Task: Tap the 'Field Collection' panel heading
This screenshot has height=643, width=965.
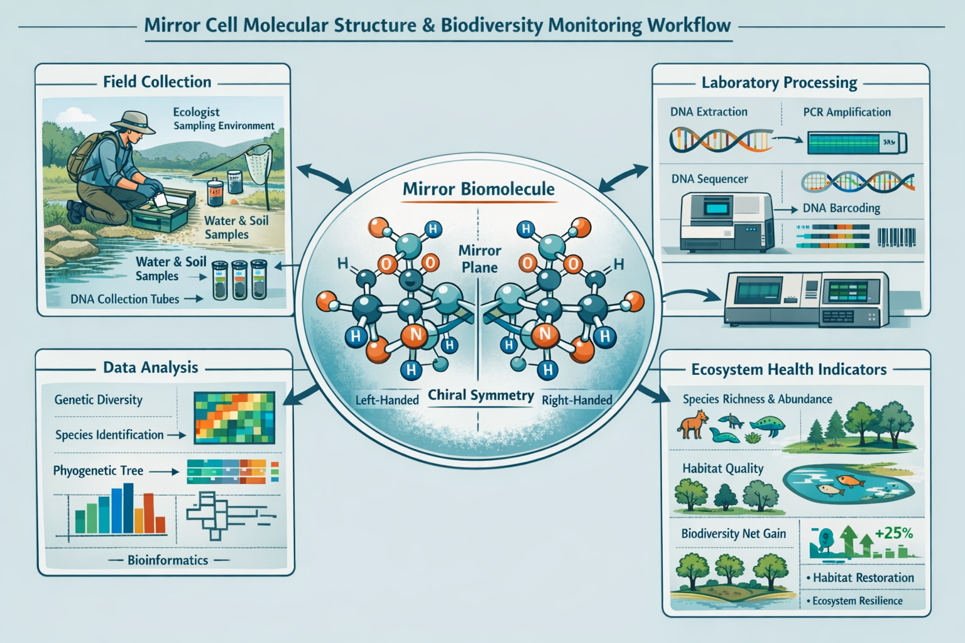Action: coord(157,82)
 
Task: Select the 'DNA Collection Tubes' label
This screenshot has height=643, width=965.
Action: coord(125,300)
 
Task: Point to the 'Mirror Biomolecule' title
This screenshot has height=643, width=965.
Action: coord(478,189)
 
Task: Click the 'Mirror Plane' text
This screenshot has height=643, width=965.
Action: coord(479,259)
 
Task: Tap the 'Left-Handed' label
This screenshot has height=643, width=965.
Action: coord(387,400)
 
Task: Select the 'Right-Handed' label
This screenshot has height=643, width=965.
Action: coord(576,400)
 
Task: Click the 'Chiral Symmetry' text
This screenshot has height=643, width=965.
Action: coord(481,396)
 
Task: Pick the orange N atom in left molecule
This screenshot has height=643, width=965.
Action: coord(415,335)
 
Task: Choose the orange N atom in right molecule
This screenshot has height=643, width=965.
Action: coord(544,335)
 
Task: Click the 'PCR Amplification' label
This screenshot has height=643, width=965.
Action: coord(846,112)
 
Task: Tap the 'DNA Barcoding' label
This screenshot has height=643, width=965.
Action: coord(841,208)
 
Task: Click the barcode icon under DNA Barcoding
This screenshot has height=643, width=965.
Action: coord(897,237)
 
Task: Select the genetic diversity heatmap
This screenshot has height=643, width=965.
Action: coord(234,418)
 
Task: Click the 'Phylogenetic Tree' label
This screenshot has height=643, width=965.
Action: coord(98,471)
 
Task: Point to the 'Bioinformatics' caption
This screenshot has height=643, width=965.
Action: coord(167,560)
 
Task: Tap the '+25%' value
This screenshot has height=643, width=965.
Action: coord(893,533)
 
